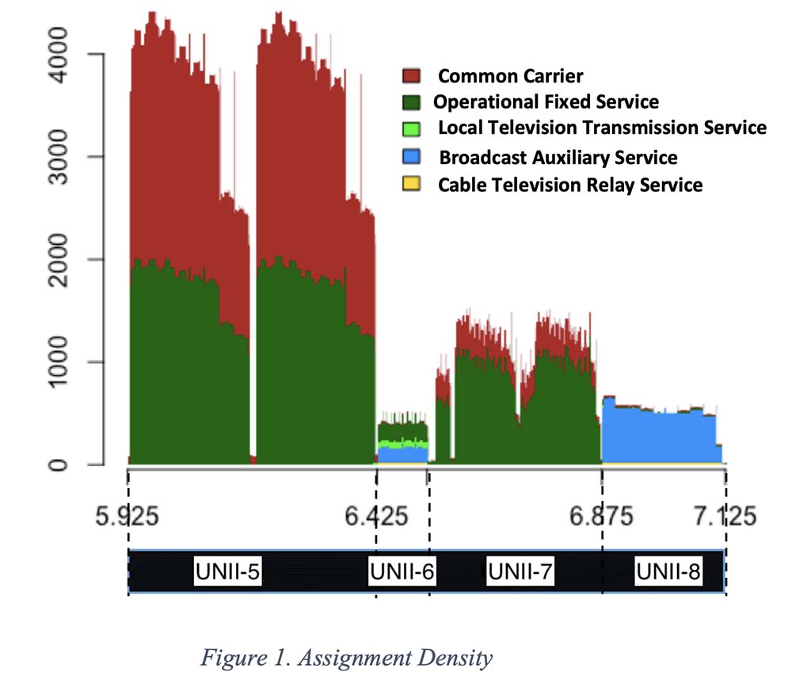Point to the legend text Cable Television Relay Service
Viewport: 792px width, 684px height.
click(x=570, y=185)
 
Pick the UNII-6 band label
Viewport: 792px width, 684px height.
click(x=402, y=571)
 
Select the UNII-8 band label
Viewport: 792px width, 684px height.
click(x=668, y=571)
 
